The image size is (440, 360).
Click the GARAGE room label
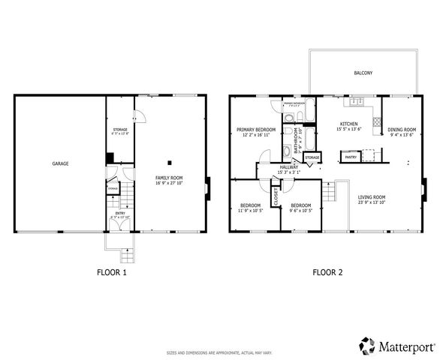[60, 163]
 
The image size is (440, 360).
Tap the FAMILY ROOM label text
[169, 178]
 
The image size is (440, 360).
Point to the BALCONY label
[363, 73]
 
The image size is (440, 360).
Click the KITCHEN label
[348, 124]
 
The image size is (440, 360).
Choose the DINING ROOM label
[401, 130]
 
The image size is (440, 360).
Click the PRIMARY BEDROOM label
[256, 130]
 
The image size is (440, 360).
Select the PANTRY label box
[350, 157]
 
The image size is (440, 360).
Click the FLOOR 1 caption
[112, 272]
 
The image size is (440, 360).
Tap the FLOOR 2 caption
[327, 272]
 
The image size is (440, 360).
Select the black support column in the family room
[170, 162]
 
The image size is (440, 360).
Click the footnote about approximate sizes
[220, 352]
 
